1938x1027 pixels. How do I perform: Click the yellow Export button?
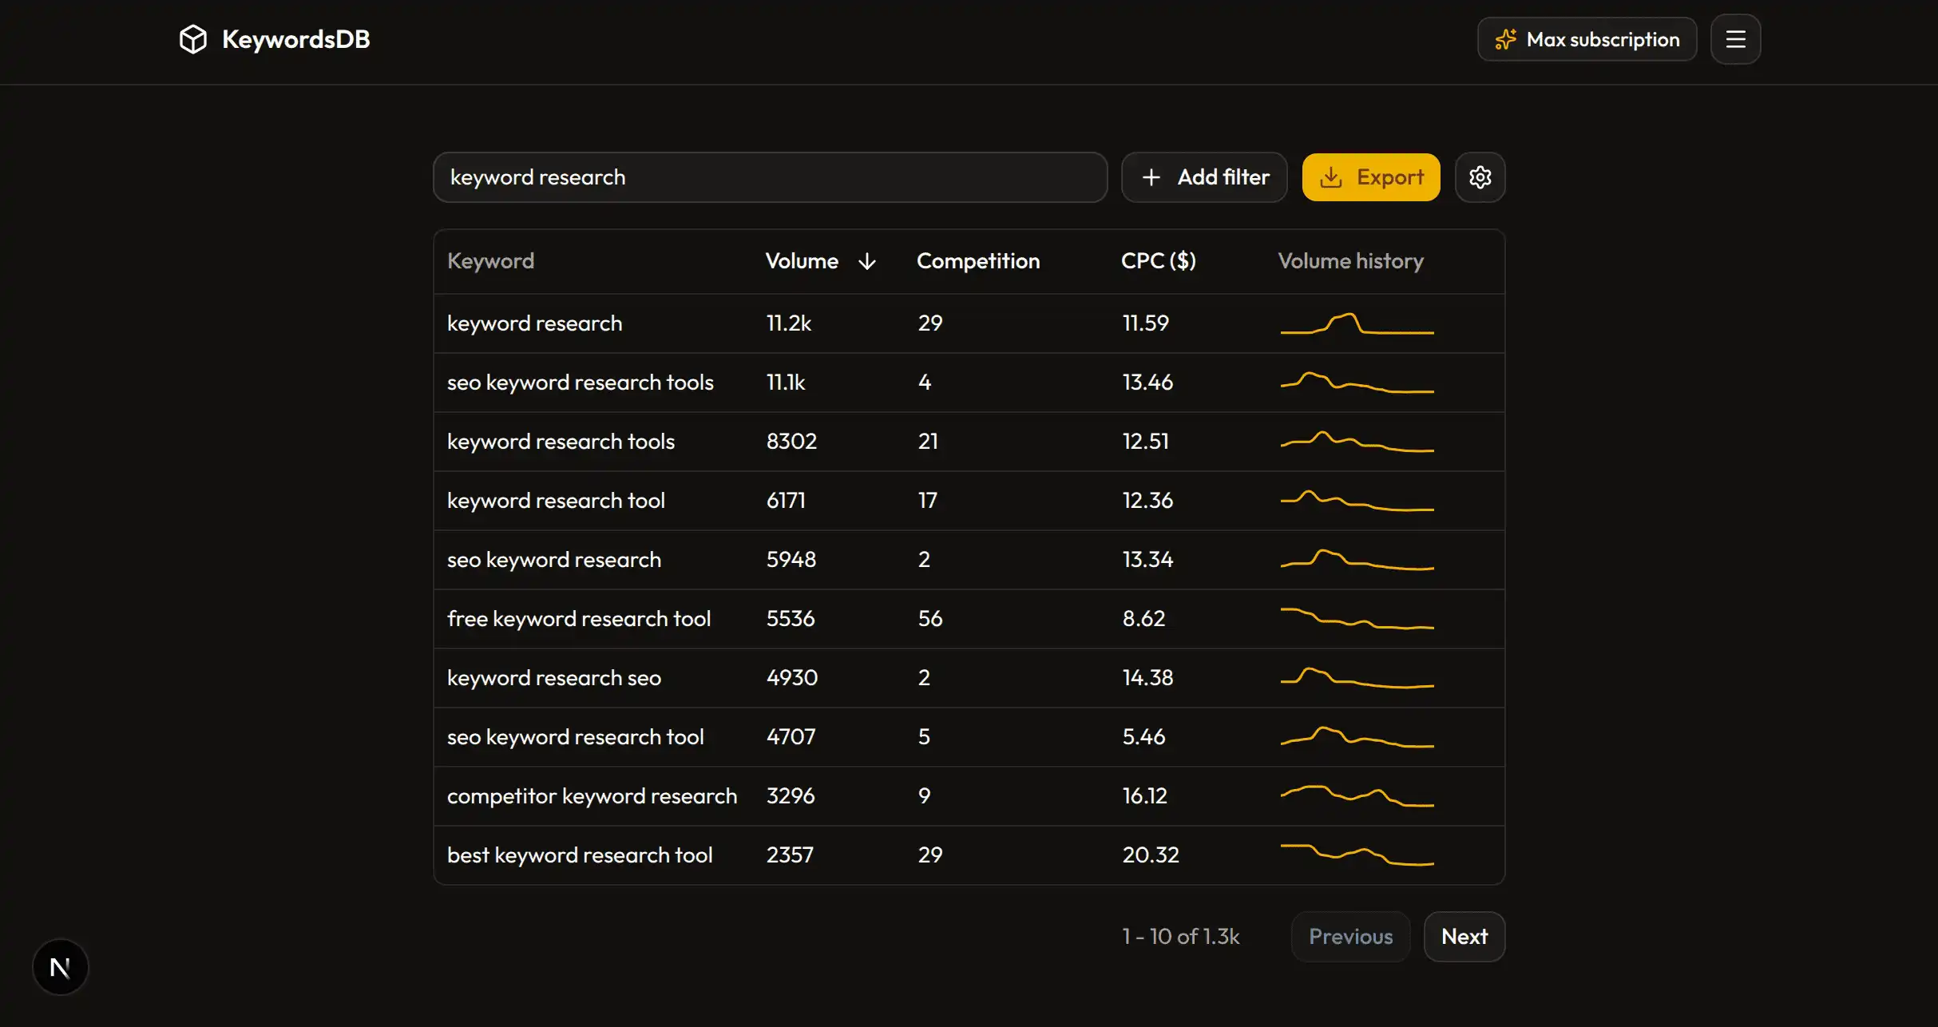click(1370, 177)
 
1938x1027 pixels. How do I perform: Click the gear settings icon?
click(1480, 177)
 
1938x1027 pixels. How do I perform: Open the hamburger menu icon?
click(1735, 39)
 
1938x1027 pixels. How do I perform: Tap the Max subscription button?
click(1587, 39)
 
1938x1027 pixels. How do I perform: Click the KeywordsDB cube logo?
click(193, 39)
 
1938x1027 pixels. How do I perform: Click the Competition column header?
click(977, 261)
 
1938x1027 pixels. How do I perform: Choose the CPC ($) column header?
click(1158, 261)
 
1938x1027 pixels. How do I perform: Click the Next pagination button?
click(1464, 936)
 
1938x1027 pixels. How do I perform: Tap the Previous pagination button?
click(1350, 936)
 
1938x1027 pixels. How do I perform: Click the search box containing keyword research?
click(769, 177)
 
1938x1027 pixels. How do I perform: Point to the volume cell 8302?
click(791, 442)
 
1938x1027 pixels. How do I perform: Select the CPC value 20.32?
click(1150, 855)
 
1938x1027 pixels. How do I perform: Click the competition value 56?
click(929, 619)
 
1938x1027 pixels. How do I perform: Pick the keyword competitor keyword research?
click(592, 796)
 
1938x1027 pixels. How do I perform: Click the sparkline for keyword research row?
click(1357, 323)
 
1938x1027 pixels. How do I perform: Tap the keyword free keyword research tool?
click(578, 619)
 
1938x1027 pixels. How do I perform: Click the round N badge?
click(61, 967)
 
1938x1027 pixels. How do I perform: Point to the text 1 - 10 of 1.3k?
click(1180, 936)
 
